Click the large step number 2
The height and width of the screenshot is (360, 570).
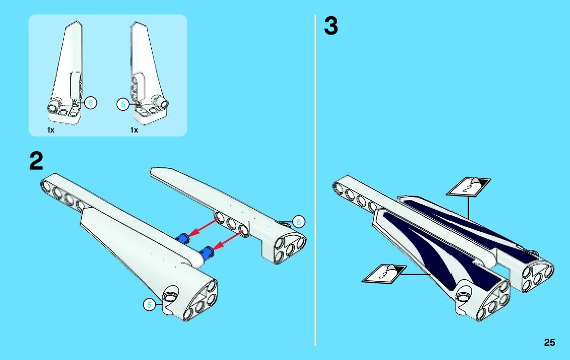(x=37, y=161)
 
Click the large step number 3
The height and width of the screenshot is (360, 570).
(x=331, y=26)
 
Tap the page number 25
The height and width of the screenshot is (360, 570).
(x=549, y=342)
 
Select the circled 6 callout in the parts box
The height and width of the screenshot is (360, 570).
(x=90, y=103)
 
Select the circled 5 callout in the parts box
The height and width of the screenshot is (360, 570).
(x=123, y=105)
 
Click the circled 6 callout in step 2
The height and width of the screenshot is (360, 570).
(x=298, y=221)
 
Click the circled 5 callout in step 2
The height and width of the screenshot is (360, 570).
(x=149, y=305)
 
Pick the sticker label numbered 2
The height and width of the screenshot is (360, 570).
(x=468, y=187)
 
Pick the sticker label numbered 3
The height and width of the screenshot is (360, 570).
(x=384, y=274)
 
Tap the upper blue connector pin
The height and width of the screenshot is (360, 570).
(x=182, y=238)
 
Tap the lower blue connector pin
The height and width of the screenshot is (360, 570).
(x=208, y=252)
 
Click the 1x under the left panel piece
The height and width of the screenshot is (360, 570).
(x=51, y=130)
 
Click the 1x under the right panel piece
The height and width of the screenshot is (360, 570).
(x=134, y=130)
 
